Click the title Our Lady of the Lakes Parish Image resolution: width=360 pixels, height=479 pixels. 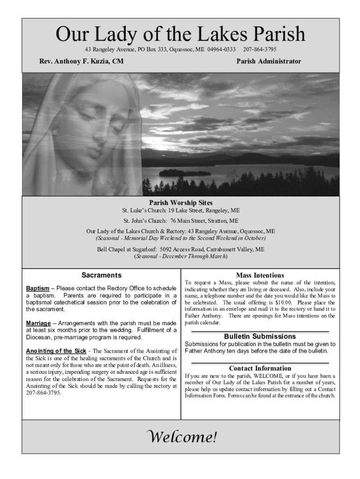[x=180, y=34]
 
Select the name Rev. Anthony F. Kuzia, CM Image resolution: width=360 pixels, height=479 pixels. [x=81, y=61]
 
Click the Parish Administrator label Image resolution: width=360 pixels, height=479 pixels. [x=268, y=61]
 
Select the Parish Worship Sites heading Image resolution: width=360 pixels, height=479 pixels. [x=180, y=203]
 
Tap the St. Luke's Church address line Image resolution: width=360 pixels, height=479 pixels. [x=180, y=211]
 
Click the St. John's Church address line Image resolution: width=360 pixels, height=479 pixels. [x=180, y=220]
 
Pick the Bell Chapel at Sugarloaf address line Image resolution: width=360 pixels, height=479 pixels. [x=180, y=249]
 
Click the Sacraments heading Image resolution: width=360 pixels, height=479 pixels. [x=101, y=275]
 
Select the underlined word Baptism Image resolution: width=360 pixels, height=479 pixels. [x=37, y=289]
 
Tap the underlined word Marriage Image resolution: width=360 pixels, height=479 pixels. [x=38, y=323]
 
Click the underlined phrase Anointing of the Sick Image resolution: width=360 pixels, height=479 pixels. [x=56, y=351]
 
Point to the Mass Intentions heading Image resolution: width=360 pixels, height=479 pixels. [x=260, y=276]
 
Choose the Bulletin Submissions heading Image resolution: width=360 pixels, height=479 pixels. [x=260, y=336]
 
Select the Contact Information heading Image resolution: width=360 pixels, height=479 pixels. [x=260, y=368]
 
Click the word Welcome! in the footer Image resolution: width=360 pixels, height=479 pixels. [x=180, y=437]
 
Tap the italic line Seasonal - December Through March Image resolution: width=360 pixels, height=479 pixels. [x=180, y=256]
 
